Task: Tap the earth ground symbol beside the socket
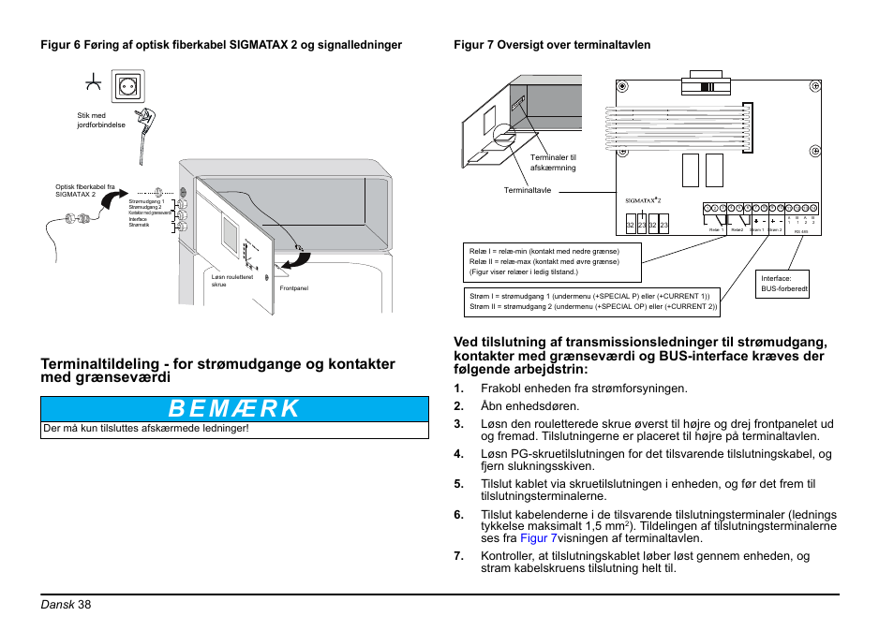tap(93, 84)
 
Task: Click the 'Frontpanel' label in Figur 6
tap(293, 288)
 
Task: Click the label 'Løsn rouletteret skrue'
tap(231, 280)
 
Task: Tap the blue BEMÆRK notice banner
tap(234, 408)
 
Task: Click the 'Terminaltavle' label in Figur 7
tap(528, 190)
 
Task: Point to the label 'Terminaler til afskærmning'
tap(553, 163)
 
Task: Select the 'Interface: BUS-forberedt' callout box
tap(784, 284)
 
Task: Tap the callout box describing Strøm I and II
tap(593, 301)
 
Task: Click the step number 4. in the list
tap(459, 454)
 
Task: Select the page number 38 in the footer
tap(85, 604)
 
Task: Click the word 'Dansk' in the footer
tap(57, 604)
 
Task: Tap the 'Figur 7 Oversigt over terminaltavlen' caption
tap(552, 45)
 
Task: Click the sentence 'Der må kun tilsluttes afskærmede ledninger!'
tap(146, 430)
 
